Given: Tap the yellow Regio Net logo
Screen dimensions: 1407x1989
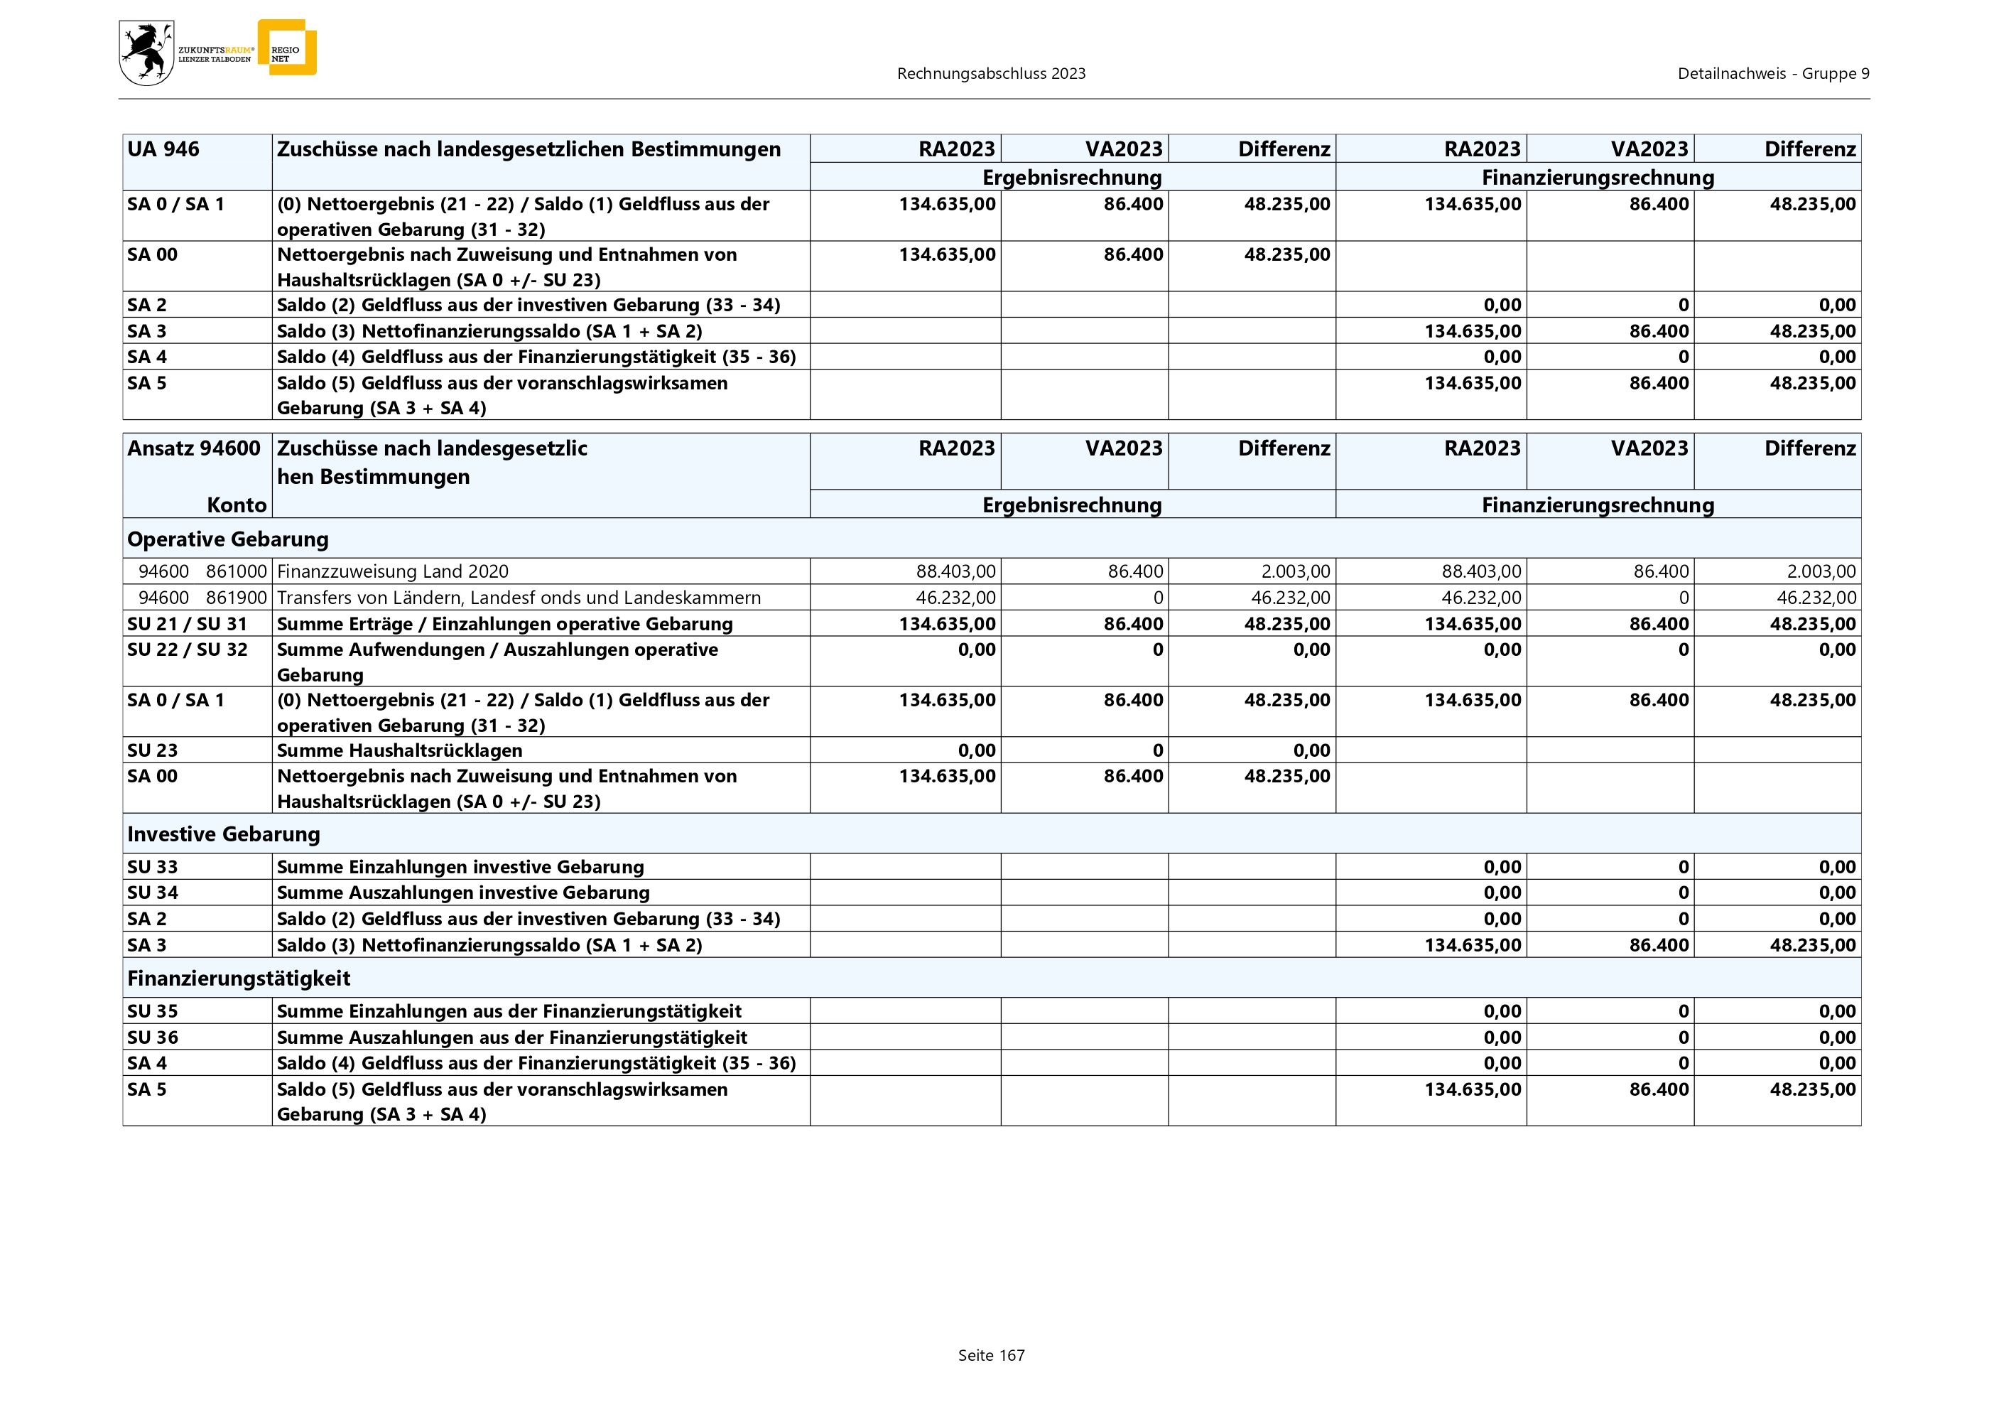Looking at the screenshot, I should click(287, 48).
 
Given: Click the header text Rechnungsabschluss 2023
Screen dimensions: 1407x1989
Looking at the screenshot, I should click(991, 74).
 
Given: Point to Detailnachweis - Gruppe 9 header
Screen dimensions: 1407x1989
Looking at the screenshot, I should click(1772, 74).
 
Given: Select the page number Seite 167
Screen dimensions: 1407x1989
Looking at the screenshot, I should click(991, 1355).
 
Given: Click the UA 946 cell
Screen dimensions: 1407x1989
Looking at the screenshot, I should click(163, 149).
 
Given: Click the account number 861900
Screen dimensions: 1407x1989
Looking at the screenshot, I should click(237, 598).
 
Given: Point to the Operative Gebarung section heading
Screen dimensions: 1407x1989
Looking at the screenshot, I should click(228, 539).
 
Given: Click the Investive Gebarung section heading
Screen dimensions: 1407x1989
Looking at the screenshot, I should click(224, 834).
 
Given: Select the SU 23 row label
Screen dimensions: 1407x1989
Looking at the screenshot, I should click(153, 750).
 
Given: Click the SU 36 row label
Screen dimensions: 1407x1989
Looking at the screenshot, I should click(153, 1037).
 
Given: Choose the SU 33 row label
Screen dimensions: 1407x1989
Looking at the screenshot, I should click(153, 867).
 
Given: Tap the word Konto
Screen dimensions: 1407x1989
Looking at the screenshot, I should click(237, 505).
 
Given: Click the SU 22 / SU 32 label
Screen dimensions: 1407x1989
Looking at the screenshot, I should click(187, 649).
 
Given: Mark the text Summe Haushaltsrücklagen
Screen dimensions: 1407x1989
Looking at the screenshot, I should click(399, 750).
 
